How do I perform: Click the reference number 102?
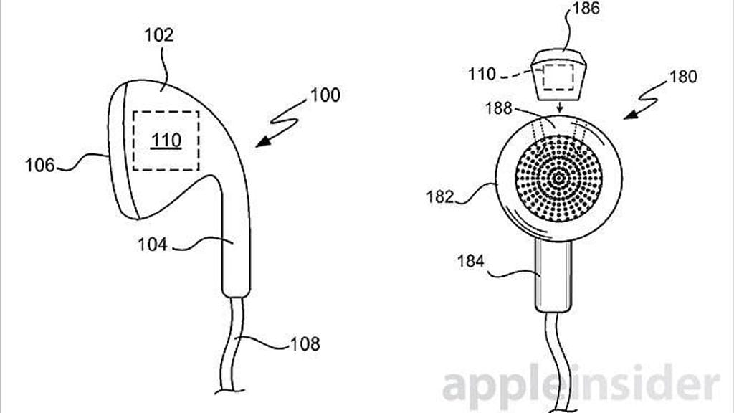coord(158,35)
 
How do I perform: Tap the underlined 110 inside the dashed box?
coord(166,141)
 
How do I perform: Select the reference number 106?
coord(40,166)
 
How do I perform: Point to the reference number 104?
coord(152,245)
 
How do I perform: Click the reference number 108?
coord(305,344)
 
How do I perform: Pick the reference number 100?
coord(325,95)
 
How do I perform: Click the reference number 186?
coord(586,9)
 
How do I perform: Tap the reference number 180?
coord(683,76)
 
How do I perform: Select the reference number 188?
coord(499,108)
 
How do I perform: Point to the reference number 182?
coord(440,196)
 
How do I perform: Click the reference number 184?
coord(470,261)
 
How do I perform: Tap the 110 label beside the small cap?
coord(482,74)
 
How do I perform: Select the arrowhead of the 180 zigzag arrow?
coord(629,114)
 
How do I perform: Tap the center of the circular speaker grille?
coord(558,179)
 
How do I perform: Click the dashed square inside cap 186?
coord(558,77)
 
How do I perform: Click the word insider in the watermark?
coord(647,381)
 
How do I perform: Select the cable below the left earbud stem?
coord(233,344)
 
